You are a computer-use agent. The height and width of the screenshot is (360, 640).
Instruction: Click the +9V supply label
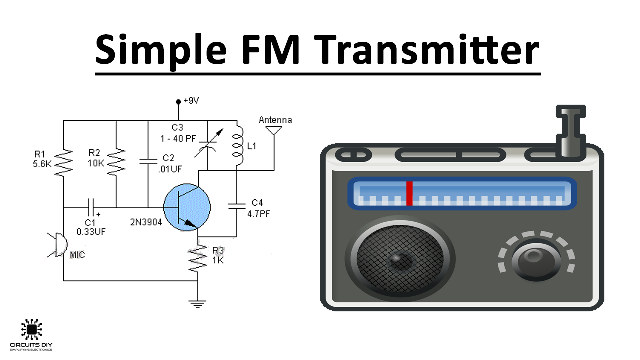tap(191, 100)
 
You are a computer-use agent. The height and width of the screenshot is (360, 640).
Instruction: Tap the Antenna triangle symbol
tap(274, 130)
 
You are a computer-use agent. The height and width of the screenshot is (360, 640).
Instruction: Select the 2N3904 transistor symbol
tap(187, 207)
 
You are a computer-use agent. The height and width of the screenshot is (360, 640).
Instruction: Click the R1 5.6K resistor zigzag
tap(63, 162)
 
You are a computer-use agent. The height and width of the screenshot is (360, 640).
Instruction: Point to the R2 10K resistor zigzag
tap(116, 162)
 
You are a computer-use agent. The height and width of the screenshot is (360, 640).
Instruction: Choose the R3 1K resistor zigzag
tap(197, 258)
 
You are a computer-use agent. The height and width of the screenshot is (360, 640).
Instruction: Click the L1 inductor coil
tap(238, 145)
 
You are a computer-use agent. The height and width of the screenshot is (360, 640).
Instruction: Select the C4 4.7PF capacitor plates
tap(236, 206)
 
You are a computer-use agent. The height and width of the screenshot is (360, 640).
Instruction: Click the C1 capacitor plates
tap(91, 207)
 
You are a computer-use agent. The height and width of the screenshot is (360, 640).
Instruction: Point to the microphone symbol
tap(58, 245)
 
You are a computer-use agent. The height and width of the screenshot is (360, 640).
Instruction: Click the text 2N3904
tap(146, 222)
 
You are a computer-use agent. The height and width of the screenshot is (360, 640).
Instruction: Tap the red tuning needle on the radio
tap(409, 193)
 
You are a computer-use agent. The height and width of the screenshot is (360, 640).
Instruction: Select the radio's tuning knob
tap(536, 259)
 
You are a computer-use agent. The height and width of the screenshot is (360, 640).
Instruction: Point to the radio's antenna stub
tap(570, 131)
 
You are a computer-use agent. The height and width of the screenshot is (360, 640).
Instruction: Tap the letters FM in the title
tap(270, 49)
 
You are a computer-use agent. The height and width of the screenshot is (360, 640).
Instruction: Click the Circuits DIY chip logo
tap(31, 330)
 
